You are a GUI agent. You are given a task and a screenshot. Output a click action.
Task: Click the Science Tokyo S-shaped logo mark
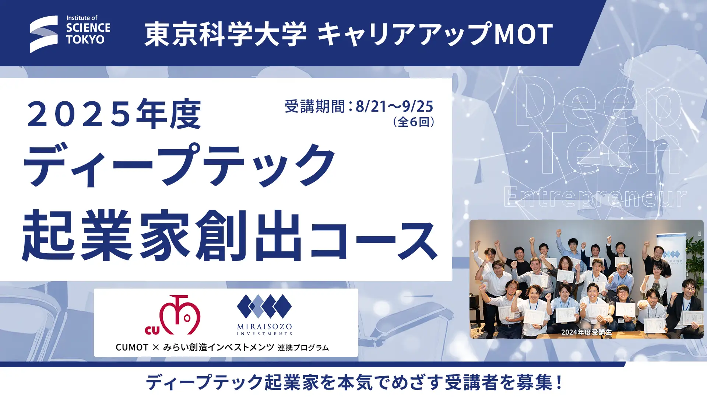[x=44, y=34]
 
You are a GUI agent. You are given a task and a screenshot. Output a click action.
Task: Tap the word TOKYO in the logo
[x=85, y=39]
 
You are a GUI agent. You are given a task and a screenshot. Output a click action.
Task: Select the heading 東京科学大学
[x=225, y=34]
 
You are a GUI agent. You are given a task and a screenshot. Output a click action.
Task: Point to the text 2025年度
[x=114, y=114]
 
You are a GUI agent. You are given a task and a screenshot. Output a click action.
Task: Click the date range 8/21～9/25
[x=394, y=107]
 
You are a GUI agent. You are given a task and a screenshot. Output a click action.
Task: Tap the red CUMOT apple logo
[x=173, y=315]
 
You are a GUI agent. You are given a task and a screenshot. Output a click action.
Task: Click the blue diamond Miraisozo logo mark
[x=264, y=306]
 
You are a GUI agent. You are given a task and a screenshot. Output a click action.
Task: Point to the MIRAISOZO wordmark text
[x=264, y=327]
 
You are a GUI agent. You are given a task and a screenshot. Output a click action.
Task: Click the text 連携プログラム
[x=303, y=348]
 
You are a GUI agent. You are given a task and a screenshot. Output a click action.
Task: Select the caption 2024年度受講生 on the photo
[x=586, y=332]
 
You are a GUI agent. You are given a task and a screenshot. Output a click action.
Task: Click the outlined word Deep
[x=598, y=103]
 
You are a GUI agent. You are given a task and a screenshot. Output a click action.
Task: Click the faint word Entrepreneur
[x=595, y=198]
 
